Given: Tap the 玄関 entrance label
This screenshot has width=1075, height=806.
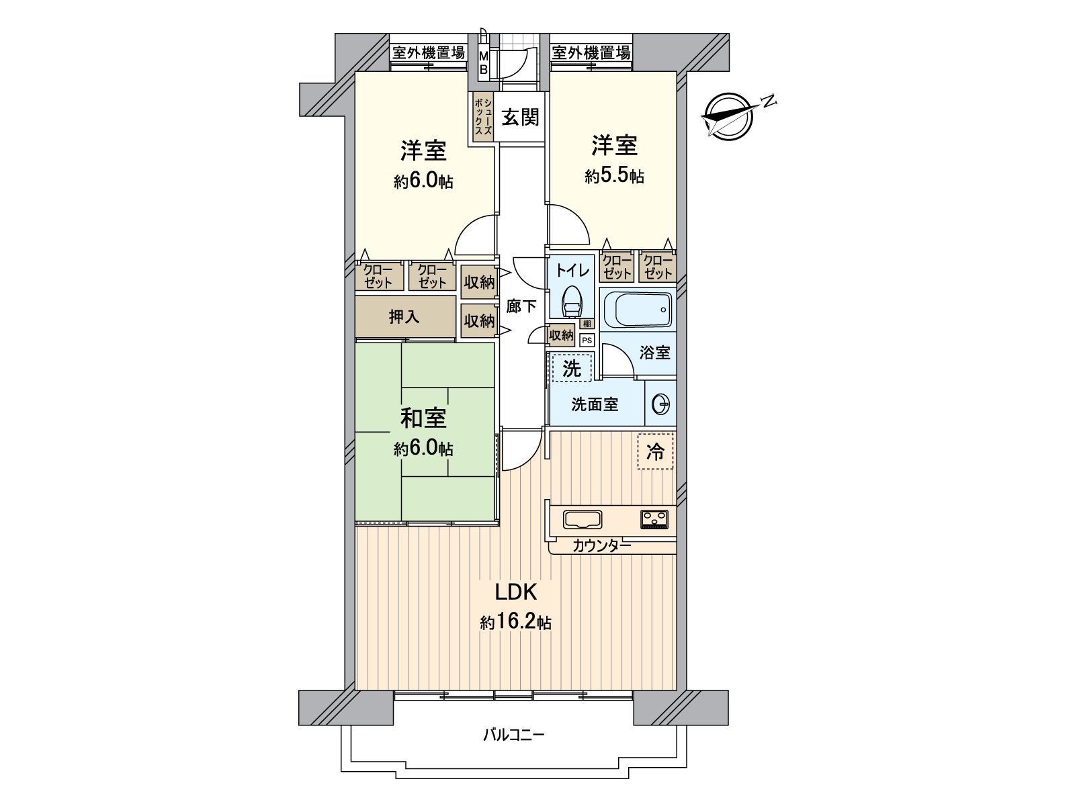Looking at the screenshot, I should (x=520, y=118).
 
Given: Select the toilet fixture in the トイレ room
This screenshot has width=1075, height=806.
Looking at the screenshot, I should (x=572, y=302).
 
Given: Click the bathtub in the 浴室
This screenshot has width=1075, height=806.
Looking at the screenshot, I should (x=637, y=309).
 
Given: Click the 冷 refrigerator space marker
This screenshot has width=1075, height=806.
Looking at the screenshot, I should (x=654, y=452).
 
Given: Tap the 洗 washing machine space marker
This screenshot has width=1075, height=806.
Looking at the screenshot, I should (x=571, y=368).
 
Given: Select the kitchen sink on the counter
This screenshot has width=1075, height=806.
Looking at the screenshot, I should (x=583, y=519).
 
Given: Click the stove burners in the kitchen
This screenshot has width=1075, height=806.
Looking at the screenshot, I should (x=654, y=519).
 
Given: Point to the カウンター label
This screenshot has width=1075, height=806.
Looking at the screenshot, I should (x=601, y=546).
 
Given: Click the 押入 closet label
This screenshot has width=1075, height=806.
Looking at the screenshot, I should (x=404, y=317).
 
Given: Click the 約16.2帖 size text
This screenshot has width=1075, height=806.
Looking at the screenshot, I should (x=515, y=623).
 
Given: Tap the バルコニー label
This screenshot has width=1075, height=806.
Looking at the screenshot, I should (x=514, y=735).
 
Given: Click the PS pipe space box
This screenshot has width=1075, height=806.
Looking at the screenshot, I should (x=587, y=341).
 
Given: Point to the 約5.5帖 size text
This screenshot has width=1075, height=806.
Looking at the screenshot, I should (x=614, y=177).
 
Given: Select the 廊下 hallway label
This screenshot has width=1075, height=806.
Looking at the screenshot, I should (x=521, y=306).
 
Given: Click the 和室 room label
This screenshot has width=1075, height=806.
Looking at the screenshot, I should (x=423, y=418).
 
